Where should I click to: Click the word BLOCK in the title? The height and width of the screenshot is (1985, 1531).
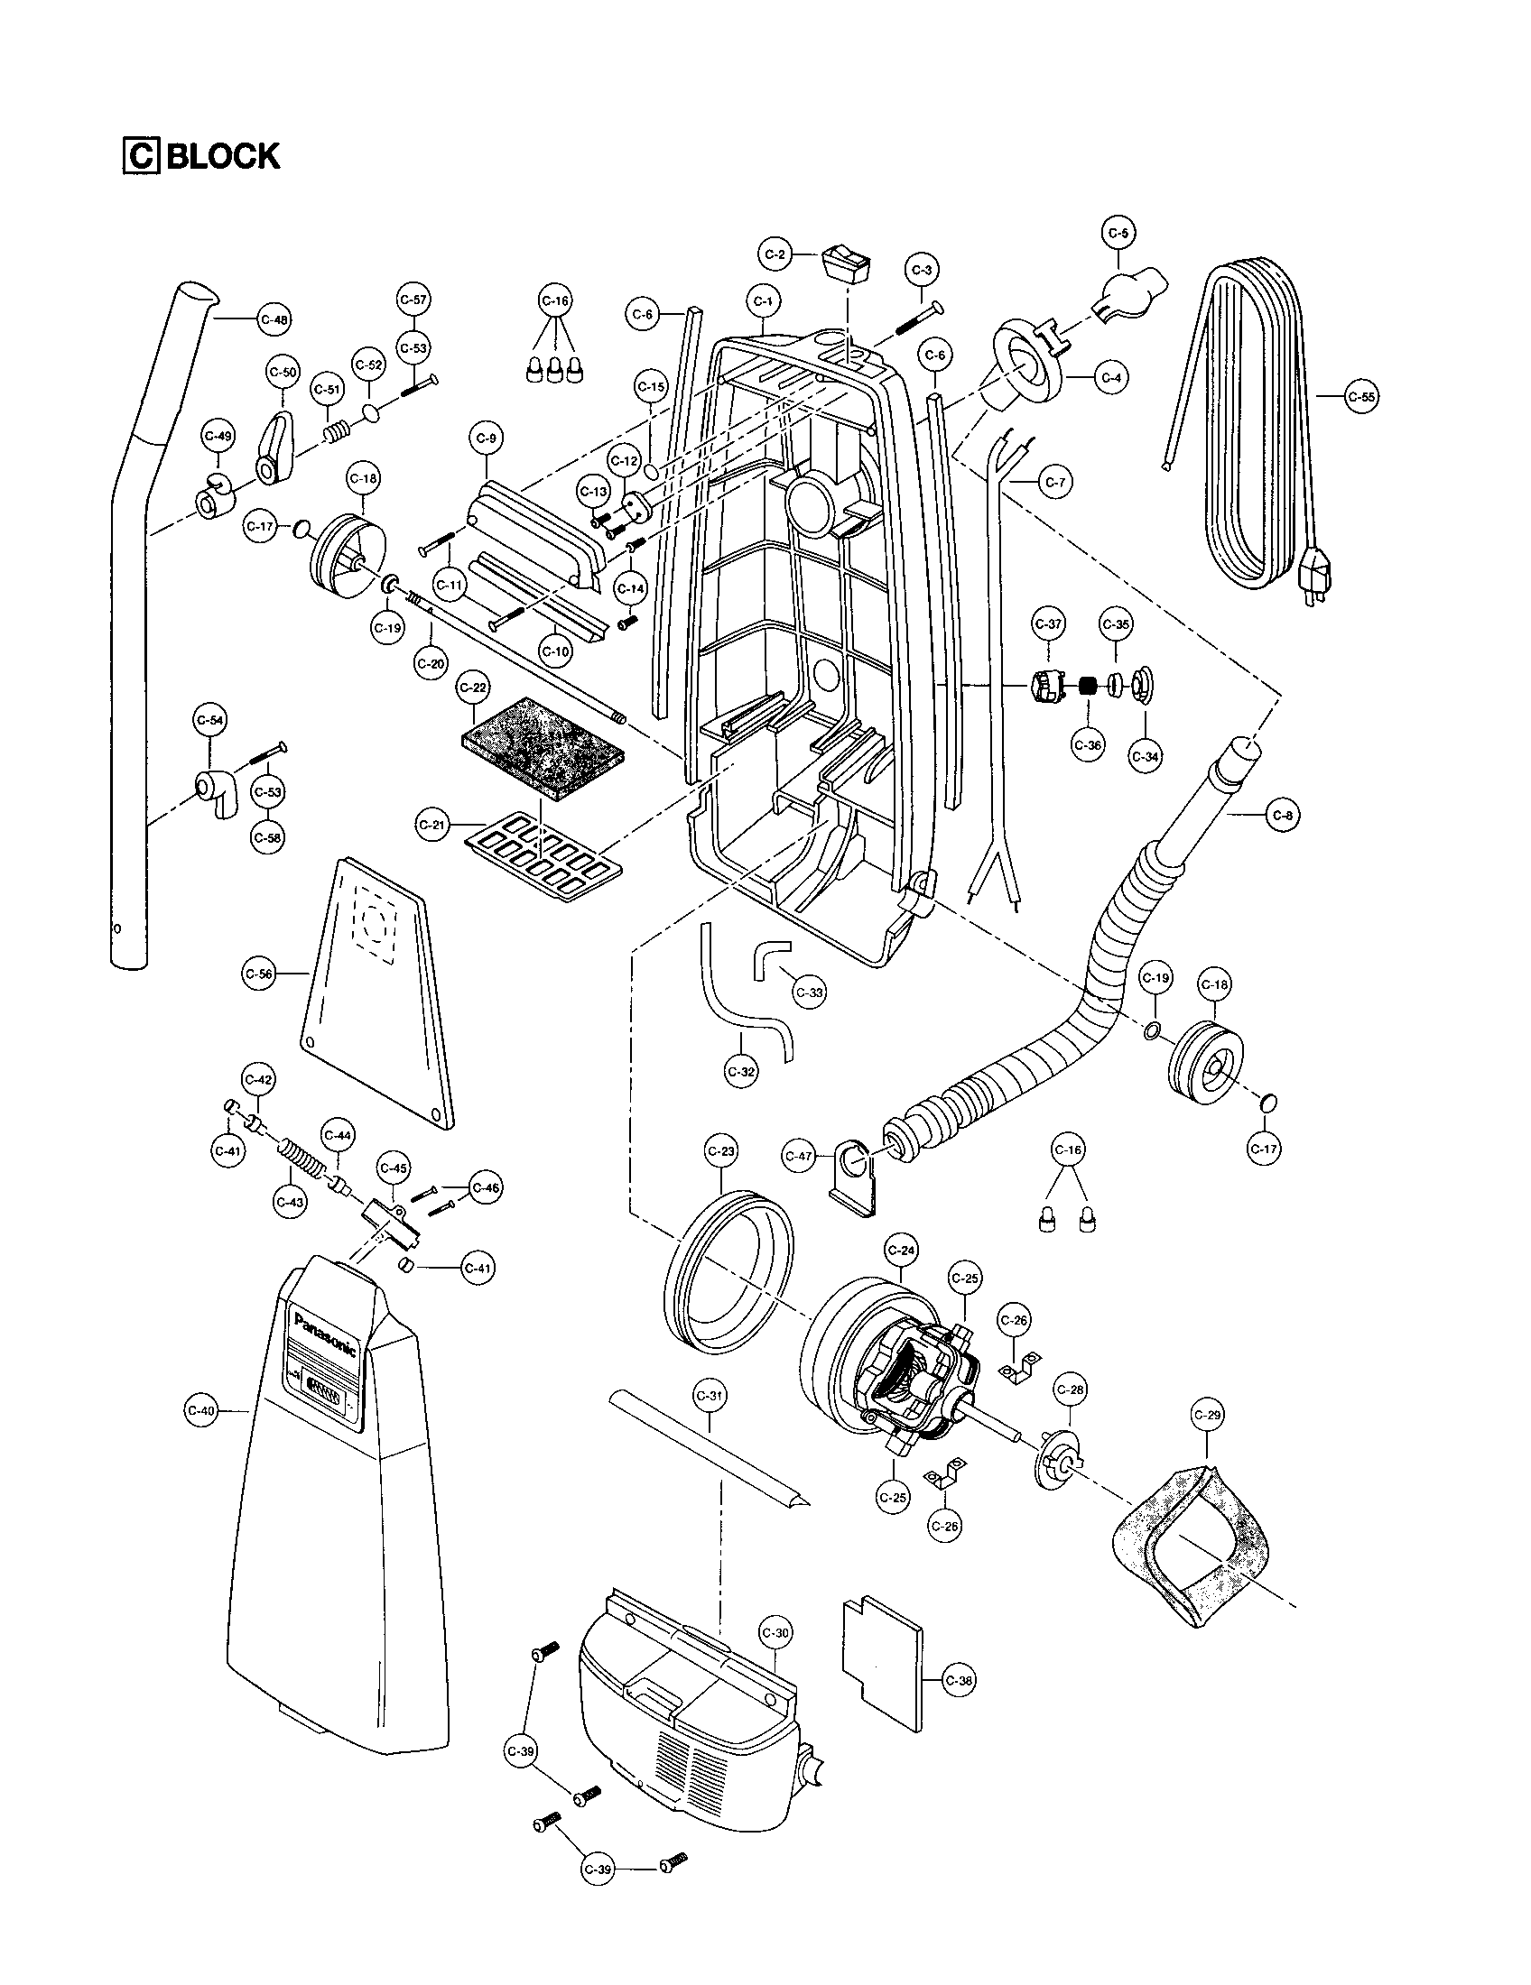click(224, 156)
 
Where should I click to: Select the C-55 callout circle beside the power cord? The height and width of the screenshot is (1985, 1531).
click(1361, 396)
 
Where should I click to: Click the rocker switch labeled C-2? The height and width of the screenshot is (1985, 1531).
click(845, 263)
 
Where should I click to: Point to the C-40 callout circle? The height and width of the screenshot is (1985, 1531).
click(200, 1410)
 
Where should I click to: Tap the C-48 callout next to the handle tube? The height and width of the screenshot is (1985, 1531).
click(274, 319)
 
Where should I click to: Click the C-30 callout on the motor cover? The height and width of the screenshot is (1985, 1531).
click(775, 1632)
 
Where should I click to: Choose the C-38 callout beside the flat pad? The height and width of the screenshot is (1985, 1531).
click(960, 1681)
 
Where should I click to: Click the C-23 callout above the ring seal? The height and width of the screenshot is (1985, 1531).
click(721, 1150)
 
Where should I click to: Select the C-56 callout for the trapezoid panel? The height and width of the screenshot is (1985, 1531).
click(260, 974)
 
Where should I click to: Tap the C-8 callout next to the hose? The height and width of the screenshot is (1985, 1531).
click(1283, 816)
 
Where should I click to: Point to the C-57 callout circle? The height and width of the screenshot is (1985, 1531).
click(413, 299)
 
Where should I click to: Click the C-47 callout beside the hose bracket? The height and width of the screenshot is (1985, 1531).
click(798, 1156)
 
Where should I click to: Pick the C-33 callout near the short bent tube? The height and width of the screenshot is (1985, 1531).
click(808, 992)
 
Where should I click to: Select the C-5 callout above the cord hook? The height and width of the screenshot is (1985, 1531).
click(1118, 233)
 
